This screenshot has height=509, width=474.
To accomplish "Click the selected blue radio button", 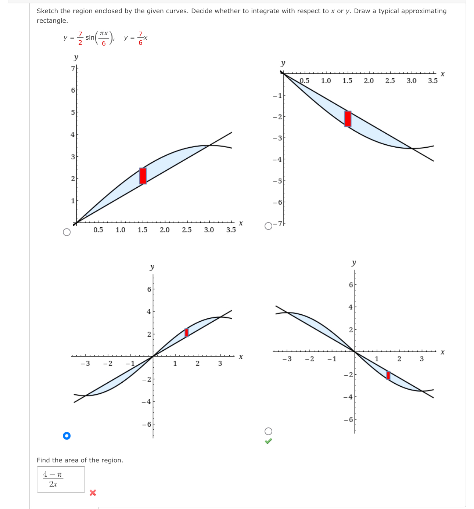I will coord(67,436).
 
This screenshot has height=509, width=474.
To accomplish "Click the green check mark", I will coord(269,441).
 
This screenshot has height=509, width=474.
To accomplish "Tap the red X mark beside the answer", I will coord(93,492).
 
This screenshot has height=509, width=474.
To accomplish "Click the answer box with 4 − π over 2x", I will coord(61,479).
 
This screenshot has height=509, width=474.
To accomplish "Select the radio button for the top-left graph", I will coord(67,232).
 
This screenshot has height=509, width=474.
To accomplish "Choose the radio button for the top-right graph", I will coord(269,226).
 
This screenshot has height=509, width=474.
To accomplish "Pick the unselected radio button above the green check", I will coord(269,431).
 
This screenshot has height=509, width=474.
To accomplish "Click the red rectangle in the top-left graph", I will coord(143,176).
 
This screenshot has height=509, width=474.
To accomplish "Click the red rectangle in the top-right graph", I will coord(348,119).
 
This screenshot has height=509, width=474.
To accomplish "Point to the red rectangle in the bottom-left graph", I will coord(187,332).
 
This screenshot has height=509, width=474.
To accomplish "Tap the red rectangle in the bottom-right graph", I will coord(388,375).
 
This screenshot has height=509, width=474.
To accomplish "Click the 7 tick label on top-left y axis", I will coord(73,68).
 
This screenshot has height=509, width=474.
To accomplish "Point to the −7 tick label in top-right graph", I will coord(279,224).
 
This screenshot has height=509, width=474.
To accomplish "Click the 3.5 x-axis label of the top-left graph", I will coord(231,230).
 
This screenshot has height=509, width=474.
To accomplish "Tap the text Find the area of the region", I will coord(80,460).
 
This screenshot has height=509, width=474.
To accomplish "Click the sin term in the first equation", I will coord(90,37).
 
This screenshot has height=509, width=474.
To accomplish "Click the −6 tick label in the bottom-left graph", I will coord(147,425).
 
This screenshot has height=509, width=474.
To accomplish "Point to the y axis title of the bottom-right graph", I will coord(354,263).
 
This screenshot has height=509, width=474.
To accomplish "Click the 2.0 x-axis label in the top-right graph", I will coord(369,81).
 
